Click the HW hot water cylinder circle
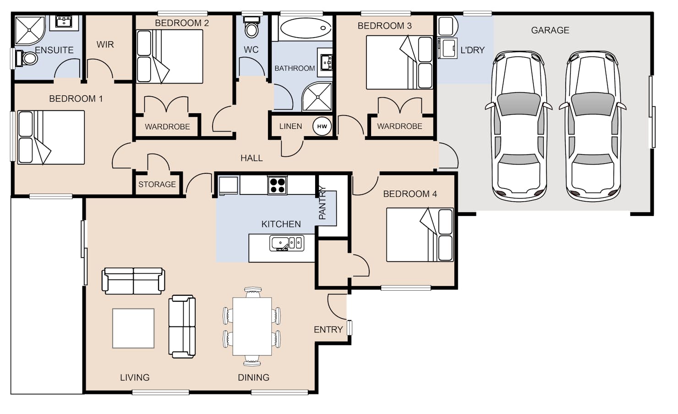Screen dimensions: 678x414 [322, 126]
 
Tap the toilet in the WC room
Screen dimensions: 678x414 [252, 27]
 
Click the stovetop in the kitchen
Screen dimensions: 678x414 [277, 185]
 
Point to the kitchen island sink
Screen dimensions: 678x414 [287, 243]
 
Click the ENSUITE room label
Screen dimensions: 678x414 [54, 50]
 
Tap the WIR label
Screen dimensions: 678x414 [105, 44]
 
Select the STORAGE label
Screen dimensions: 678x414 [157, 184]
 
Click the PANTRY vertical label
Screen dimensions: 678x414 [323, 203]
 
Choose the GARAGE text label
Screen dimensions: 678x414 [550, 30]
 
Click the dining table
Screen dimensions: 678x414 [252, 326]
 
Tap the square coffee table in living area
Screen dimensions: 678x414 [133, 328]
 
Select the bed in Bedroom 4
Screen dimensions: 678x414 [420, 235]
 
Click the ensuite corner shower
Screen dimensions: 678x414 [30, 30]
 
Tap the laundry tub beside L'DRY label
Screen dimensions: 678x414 [448, 48]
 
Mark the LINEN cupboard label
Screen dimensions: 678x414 [290, 126]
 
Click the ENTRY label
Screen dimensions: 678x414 [328, 330]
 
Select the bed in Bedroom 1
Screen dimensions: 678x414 [51, 138]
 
